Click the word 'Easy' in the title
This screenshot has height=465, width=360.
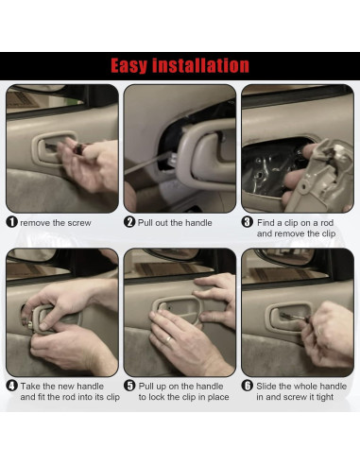[x=135, y=65]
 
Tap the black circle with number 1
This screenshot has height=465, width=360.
[x=12, y=222]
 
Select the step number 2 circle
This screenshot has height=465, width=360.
[x=130, y=222]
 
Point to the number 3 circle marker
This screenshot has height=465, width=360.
[x=248, y=222]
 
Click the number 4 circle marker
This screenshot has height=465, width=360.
[x=12, y=386]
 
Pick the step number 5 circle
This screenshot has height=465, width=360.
[x=130, y=386]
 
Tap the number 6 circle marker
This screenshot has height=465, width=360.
[x=248, y=386]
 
